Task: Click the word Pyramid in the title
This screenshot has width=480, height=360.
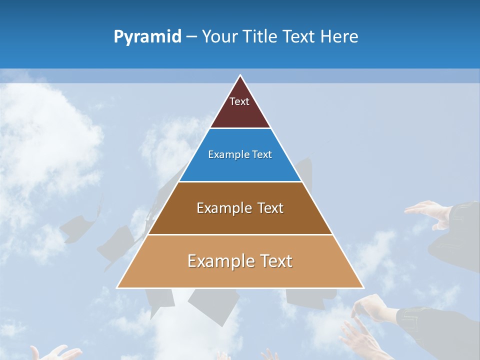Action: pyautogui.click(x=147, y=37)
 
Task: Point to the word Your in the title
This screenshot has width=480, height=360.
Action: pyautogui.click(x=219, y=36)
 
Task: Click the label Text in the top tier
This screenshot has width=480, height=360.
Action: pyautogui.click(x=239, y=101)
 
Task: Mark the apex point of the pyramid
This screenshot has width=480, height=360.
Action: pyautogui.click(x=240, y=75)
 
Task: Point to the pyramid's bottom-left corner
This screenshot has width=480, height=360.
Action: pyautogui.click(x=117, y=287)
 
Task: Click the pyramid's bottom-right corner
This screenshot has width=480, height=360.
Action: pyautogui.click(x=363, y=287)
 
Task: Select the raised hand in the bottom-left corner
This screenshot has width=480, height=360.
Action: pyautogui.click(x=55, y=353)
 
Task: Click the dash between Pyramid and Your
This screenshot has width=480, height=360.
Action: pyautogui.click(x=191, y=37)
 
